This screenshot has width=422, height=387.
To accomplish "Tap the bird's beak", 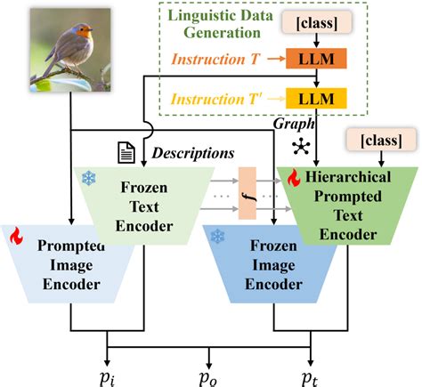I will (x=95, y=33).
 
